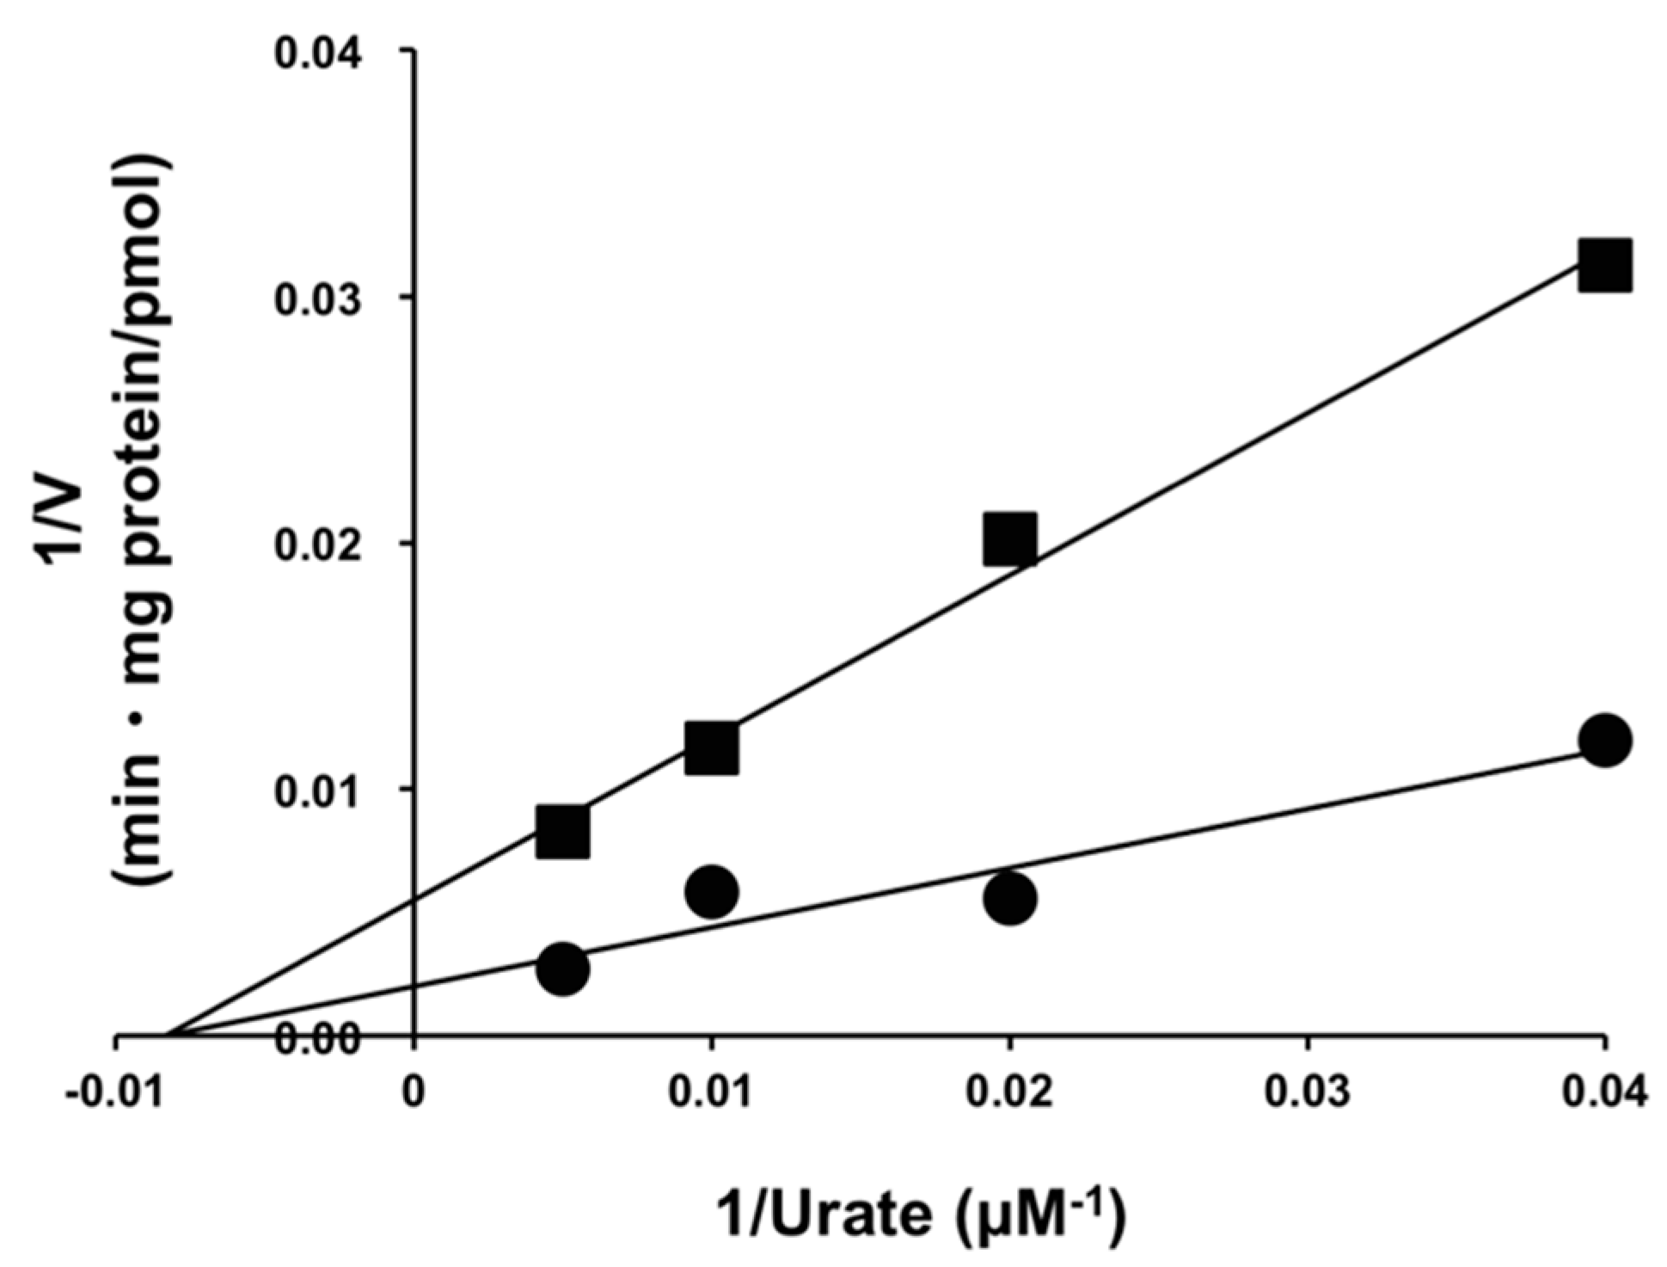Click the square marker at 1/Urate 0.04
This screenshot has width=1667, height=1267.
click(x=1604, y=267)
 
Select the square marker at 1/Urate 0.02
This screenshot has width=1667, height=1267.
click(x=1009, y=540)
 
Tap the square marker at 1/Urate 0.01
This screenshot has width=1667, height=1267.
click(x=711, y=748)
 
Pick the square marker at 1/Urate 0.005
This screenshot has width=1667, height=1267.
click(x=562, y=832)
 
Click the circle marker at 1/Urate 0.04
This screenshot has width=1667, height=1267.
click(x=1604, y=740)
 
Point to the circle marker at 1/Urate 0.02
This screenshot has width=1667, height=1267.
click(x=1009, y=898)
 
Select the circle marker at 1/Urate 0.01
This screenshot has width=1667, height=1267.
click(x=711, y=892)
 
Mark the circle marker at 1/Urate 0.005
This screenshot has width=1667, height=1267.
click(x=562, y=969)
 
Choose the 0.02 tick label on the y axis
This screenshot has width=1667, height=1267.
click(x=317, y=544)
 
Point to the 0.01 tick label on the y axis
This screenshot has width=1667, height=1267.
click(x=317, y=790)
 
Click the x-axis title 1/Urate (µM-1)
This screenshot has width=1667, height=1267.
click(x=920, y=1215)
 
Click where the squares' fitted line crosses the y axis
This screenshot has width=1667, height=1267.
click(x=414, y=900)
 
